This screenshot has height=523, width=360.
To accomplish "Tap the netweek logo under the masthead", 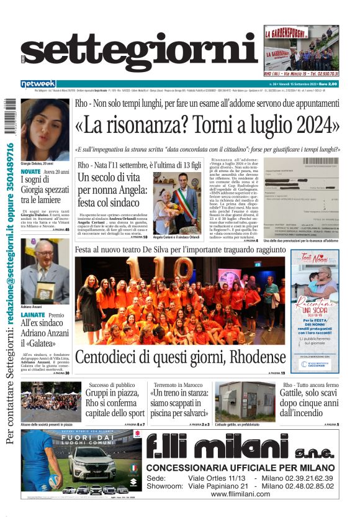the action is point(38,84).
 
